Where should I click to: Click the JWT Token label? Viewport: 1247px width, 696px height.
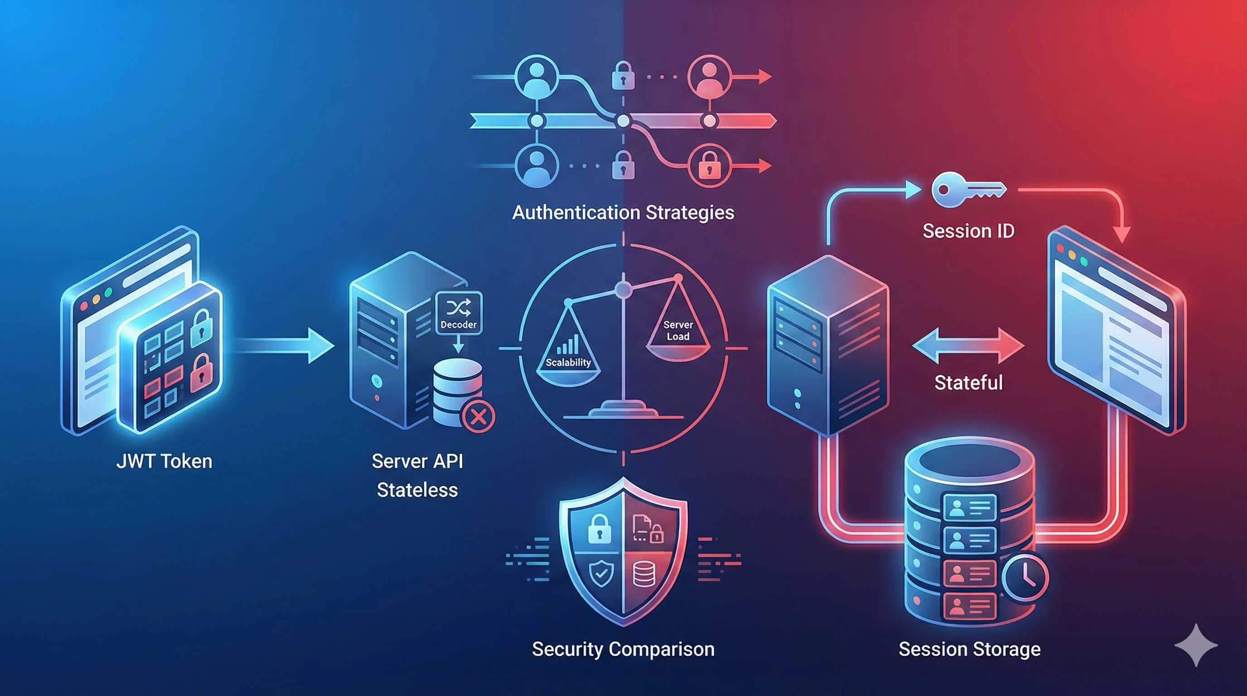[x=164, y=461]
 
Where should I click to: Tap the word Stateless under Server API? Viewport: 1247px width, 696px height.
[x=417, y=490]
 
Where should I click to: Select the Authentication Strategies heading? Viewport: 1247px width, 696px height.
[x=623, y=213]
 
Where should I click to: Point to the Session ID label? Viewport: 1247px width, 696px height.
[x=968, y=231]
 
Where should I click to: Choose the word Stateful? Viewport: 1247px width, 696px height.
[x=968, y=383]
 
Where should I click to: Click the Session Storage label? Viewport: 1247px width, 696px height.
[x=969, y=649]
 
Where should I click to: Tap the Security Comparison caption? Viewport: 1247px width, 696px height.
[x=623, y=649]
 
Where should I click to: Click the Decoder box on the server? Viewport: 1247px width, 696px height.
[x=459, y=313]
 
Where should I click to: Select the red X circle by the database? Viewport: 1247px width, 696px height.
[x=478, y=416]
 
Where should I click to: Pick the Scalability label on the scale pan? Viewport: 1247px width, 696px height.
[x=568, y=362]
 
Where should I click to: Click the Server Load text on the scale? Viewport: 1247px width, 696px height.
[x=678, y=331]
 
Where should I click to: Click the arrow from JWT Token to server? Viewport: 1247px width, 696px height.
[x=285, y=346]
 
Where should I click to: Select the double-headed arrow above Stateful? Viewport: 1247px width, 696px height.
[x=968, y=346]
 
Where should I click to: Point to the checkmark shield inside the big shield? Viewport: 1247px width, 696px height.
[x=600, y=574]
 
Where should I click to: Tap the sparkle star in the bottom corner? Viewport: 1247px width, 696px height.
[x=1196, y=645]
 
